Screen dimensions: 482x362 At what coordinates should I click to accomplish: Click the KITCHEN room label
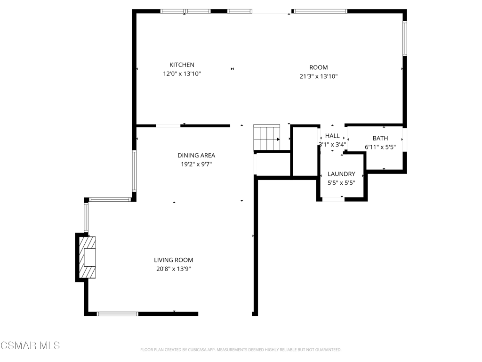tap(182, 65)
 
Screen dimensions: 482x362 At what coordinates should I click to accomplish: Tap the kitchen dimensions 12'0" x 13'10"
tap(182, 74)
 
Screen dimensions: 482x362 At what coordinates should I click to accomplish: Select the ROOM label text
tap(319, 67)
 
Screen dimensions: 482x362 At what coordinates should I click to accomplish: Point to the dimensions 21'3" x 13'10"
tap(319, 76)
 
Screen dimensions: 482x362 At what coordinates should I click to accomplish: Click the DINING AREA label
tap(196, 156)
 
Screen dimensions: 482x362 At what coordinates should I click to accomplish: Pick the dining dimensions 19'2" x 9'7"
tap(196, 165)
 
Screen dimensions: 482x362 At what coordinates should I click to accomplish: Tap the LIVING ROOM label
tap(173, 260)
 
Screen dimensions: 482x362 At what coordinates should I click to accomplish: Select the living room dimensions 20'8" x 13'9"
tap(173, 269)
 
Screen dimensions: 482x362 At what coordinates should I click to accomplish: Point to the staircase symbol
tap(267, 137)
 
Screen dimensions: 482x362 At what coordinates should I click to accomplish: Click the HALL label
tap(332, 136)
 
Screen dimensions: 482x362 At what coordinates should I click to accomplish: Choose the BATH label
tap(380, 139)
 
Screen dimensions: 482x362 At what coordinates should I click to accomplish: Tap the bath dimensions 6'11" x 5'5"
tap(380, 147)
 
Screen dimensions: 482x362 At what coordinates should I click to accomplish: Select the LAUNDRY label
tap(341, 174)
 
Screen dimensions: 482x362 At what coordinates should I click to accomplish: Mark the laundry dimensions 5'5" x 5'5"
tap(341, 183)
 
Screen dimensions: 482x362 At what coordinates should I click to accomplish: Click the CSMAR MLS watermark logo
tap(30, 346)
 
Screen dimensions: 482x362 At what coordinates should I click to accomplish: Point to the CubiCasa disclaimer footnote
tap(241, 350)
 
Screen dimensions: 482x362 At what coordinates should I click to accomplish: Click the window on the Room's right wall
tap(405, 38)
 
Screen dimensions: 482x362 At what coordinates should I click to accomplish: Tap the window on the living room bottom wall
tap(117, 314)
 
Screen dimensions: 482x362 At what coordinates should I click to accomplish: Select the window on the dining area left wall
tap(134, 171)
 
